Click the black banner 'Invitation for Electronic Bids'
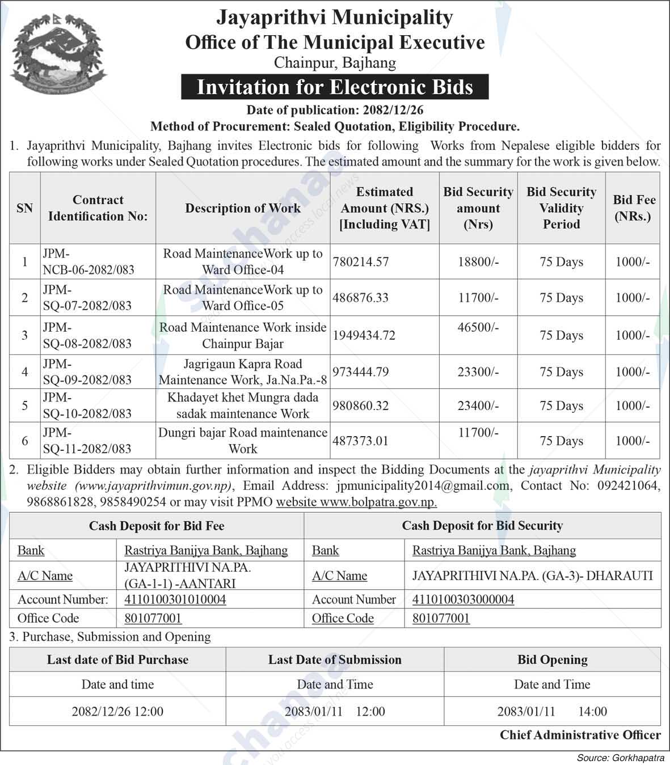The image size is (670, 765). [x=335, y=87]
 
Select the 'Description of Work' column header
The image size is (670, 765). [x=243, y=208]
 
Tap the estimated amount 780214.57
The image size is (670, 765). [x=361, y=262]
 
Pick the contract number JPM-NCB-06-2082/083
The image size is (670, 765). [x=89, y=261]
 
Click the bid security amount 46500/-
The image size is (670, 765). [x=478, y=328]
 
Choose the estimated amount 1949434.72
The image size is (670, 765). [x=364, y=335]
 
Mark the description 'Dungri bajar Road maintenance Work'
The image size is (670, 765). [x=243, y=441]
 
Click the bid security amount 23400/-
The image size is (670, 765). [x=478, y=405]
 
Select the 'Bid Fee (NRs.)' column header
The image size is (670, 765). [x=634, y=208]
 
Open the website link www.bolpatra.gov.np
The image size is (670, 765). [x=378, y=502]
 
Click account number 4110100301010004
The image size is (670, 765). [x=175, y=599]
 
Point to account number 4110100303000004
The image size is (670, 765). [x=463, y=599]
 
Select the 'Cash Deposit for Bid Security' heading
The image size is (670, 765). [x=482, y=526]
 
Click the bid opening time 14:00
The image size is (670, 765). [x=592, y=711]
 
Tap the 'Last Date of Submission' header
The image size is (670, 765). [x=335, y=660]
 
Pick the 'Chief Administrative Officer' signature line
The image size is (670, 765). [x=580, y=735]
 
